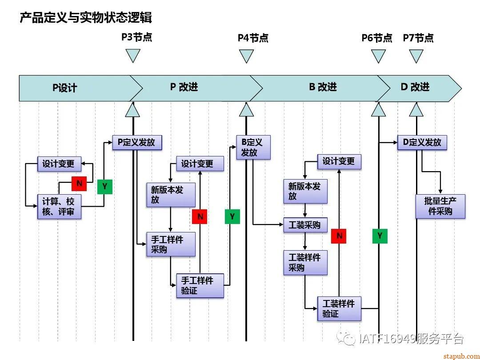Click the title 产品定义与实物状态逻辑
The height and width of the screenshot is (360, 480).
(x=86, y=18)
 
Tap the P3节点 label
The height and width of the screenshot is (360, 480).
(x=137, y=37)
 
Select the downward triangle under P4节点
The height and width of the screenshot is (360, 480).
(x=246, y=56)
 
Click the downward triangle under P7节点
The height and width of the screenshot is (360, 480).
(x=416, y=56)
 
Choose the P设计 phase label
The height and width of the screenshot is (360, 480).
(x=65, y=88)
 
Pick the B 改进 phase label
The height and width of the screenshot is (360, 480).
(x=323, y=87)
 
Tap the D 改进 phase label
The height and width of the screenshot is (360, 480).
(x=415, y=87)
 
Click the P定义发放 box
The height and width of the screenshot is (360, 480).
(x=136, y=143)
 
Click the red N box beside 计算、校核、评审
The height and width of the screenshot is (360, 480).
(x=79, y=183)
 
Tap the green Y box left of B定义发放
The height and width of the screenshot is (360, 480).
(x=232, y=216)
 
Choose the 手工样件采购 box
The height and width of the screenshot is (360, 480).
(x=171, y=244)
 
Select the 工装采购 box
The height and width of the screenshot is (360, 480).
(x=305, y=225)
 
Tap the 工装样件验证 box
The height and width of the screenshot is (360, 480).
(x=339, y=308)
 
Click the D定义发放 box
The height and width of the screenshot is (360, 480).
(x=422, y=143)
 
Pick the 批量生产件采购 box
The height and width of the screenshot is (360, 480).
(x=440, y=206)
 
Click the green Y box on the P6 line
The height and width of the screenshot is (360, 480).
(x=380, y=236)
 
